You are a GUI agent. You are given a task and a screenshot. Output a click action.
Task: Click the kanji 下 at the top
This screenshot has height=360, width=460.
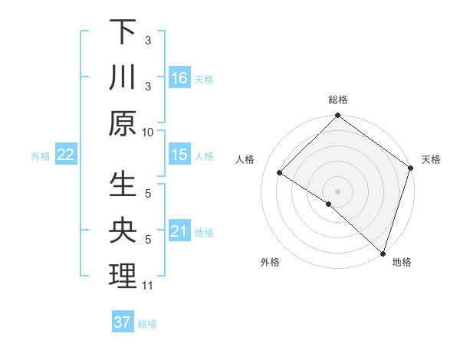coord(123,32)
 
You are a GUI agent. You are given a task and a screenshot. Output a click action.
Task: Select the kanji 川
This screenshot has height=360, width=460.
coord(123,78)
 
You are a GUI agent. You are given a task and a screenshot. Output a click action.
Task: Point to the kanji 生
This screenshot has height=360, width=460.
coord(123,185)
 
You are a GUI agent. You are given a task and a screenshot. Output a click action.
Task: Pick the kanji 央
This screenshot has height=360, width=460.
coord(123,231)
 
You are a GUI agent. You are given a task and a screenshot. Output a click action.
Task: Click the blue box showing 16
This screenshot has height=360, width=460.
coord(179,78)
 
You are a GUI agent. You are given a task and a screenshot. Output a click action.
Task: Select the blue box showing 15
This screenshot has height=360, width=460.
coord(179,155)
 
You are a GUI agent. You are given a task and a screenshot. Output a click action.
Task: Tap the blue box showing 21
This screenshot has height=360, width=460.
coord(179,231)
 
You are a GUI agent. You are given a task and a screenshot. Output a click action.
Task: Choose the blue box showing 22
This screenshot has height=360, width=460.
coord(65,155)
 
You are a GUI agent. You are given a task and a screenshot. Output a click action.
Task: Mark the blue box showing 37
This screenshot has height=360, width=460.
coord(122,322)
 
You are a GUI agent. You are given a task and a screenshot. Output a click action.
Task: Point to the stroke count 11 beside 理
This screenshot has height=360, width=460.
coord(148,286)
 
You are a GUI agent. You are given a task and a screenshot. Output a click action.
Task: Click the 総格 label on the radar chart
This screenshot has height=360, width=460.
coord(338,100)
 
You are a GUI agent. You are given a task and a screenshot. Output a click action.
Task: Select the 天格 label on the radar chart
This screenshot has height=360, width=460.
coord(431,159)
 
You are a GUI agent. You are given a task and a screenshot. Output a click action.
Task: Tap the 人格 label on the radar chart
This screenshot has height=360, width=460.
coord(245,159)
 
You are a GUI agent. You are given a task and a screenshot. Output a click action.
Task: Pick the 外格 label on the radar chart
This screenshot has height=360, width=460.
coord(269,262)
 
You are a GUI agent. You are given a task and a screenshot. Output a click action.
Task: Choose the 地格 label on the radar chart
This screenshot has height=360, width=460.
coord(402,262)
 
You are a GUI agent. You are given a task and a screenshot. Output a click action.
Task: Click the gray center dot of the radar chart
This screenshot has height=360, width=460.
coord(337,191)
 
